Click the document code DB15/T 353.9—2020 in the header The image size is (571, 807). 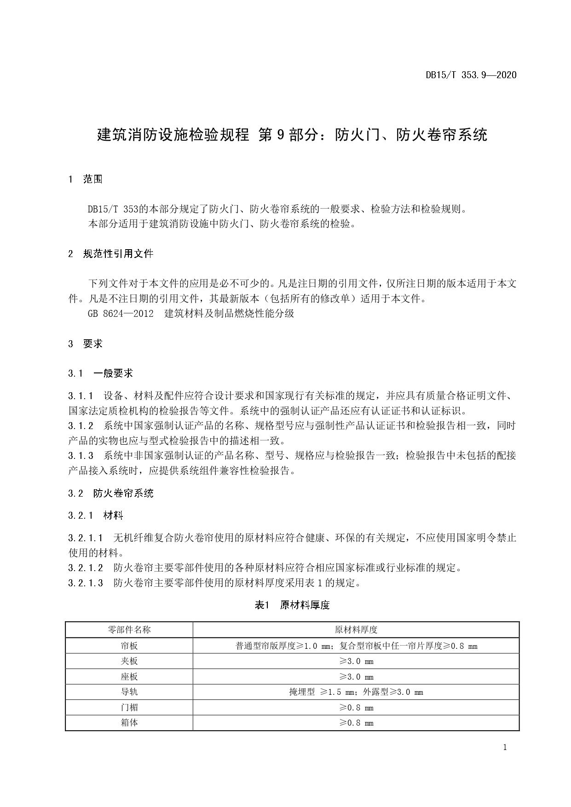pyautogui.click(x=471, y=75)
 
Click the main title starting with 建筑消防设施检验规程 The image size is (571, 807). pyautogui.click(x=292, y=135)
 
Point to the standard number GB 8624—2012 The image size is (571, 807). pyautogui.click(x=120, y=314)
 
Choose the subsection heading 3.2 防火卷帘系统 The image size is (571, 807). pyautogui.click(x=110, y=493)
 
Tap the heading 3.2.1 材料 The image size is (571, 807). pyautogui.click(x=96, y=515)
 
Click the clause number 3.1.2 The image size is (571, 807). pyautogui.click(x=81, y=425)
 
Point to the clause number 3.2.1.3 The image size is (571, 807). pyautogui.click(x=86, y=583)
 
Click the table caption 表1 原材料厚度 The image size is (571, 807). pyautogui.click(x=292, y=605)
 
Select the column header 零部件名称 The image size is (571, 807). pyautogui.click(x=129, y=630)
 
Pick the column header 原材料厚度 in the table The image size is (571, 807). pyautogui.click(x=356, y=630)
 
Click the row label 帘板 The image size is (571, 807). pyautogui.click(x=129, y=646)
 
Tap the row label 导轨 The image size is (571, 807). pyautogui.click(x=129, y=692)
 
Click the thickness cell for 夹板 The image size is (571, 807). pyautogui.click(x=356, y=661)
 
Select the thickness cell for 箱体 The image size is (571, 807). pyautogui.click(x=356, y=722)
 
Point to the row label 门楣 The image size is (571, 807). pyautogui.click(x=129, y=707)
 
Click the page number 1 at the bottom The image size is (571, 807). pyautogui.click(x=505, y=747)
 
